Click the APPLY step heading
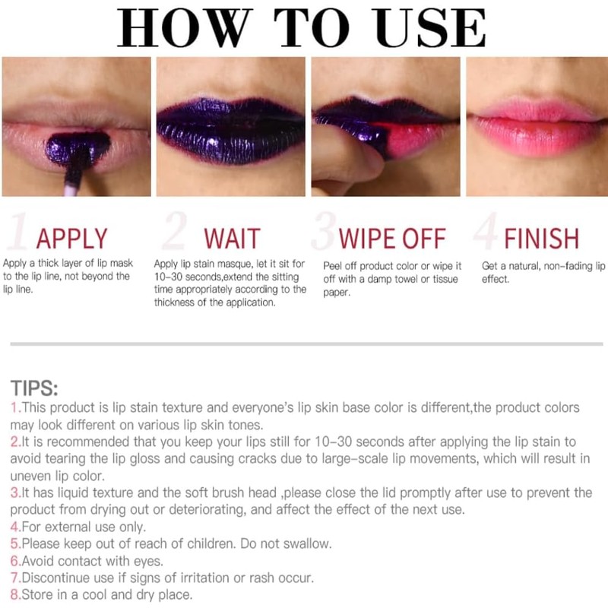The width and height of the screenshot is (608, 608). (72, 239)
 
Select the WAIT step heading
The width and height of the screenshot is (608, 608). (232, 239)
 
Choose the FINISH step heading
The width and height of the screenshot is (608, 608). (542, 239)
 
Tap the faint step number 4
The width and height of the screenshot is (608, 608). (484, 233)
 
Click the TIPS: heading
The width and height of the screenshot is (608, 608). (34, 389)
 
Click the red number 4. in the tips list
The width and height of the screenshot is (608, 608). (15, 526)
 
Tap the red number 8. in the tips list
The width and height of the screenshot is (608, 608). (15, 595)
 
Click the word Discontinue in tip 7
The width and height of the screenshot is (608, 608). (57, 578)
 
